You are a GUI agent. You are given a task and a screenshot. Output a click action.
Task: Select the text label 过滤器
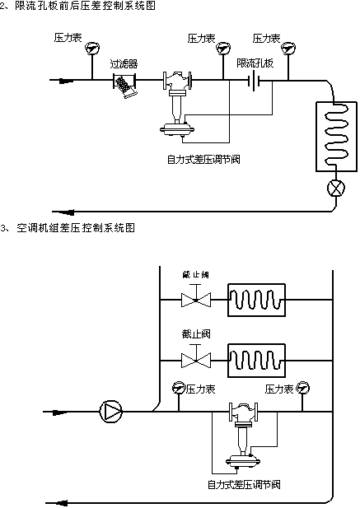coord(124,63)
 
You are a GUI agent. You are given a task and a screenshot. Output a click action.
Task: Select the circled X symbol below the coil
coord(334,187)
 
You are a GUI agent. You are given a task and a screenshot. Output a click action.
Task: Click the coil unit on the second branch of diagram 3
coord(257,360)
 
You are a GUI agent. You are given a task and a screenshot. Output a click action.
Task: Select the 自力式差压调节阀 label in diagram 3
coord(244,484)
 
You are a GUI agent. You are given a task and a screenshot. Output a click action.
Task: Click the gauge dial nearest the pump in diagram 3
coord(177,386)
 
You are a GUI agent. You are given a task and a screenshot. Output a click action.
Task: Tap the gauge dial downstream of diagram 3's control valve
coord(302,386)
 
